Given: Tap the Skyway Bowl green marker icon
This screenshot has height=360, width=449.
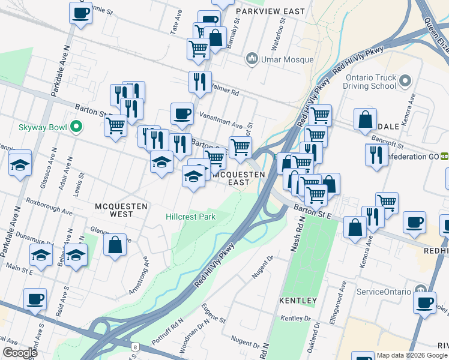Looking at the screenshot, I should tap(76, 127).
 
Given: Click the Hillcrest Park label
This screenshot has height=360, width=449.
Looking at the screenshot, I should tap(190, 216).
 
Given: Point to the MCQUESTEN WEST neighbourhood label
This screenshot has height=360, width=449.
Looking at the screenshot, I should tap(122, 209).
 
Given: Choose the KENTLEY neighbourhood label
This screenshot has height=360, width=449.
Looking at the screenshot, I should tap(298, 300).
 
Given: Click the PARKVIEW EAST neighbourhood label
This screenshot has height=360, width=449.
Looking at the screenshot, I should tap(270, 11).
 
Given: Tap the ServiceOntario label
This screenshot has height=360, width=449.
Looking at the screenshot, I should tap(385, 292).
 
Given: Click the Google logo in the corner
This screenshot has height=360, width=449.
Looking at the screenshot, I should tap(20, 353).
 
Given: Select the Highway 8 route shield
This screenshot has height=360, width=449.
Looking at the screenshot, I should tap(136, 347).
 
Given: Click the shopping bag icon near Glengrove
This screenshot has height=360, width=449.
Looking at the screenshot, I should tap(115, 245).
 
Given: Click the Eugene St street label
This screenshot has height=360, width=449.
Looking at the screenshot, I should tap(213, 313).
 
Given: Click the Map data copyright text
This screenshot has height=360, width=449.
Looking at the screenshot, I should tap(412, 355).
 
